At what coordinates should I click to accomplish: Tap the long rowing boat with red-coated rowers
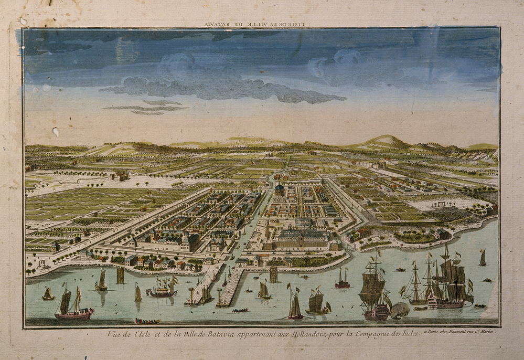pos(147,321)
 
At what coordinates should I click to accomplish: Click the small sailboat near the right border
pos(482,258)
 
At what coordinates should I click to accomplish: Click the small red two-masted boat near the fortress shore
pos(343,280)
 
